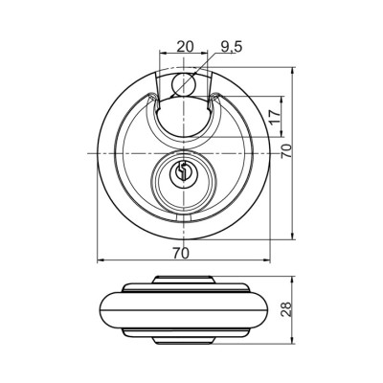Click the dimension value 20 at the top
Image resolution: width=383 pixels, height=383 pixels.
click(x=186, y=47)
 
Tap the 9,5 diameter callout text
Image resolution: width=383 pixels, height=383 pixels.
click(x=232, y=47)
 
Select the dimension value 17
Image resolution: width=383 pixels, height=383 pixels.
click(x=275, y=117)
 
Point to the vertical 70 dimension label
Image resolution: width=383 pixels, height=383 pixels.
click(x=286, y=151)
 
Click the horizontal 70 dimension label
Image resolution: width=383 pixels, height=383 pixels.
click(x=181, y=253)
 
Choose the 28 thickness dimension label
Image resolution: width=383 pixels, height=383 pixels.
click(x=286, y=308)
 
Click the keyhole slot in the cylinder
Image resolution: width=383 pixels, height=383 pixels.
click(x=182, y=170)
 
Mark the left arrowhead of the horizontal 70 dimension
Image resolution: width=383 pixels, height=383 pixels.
click(x=101, y=260)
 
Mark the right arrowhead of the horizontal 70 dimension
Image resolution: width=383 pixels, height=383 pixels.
click(x=266, y=260)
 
